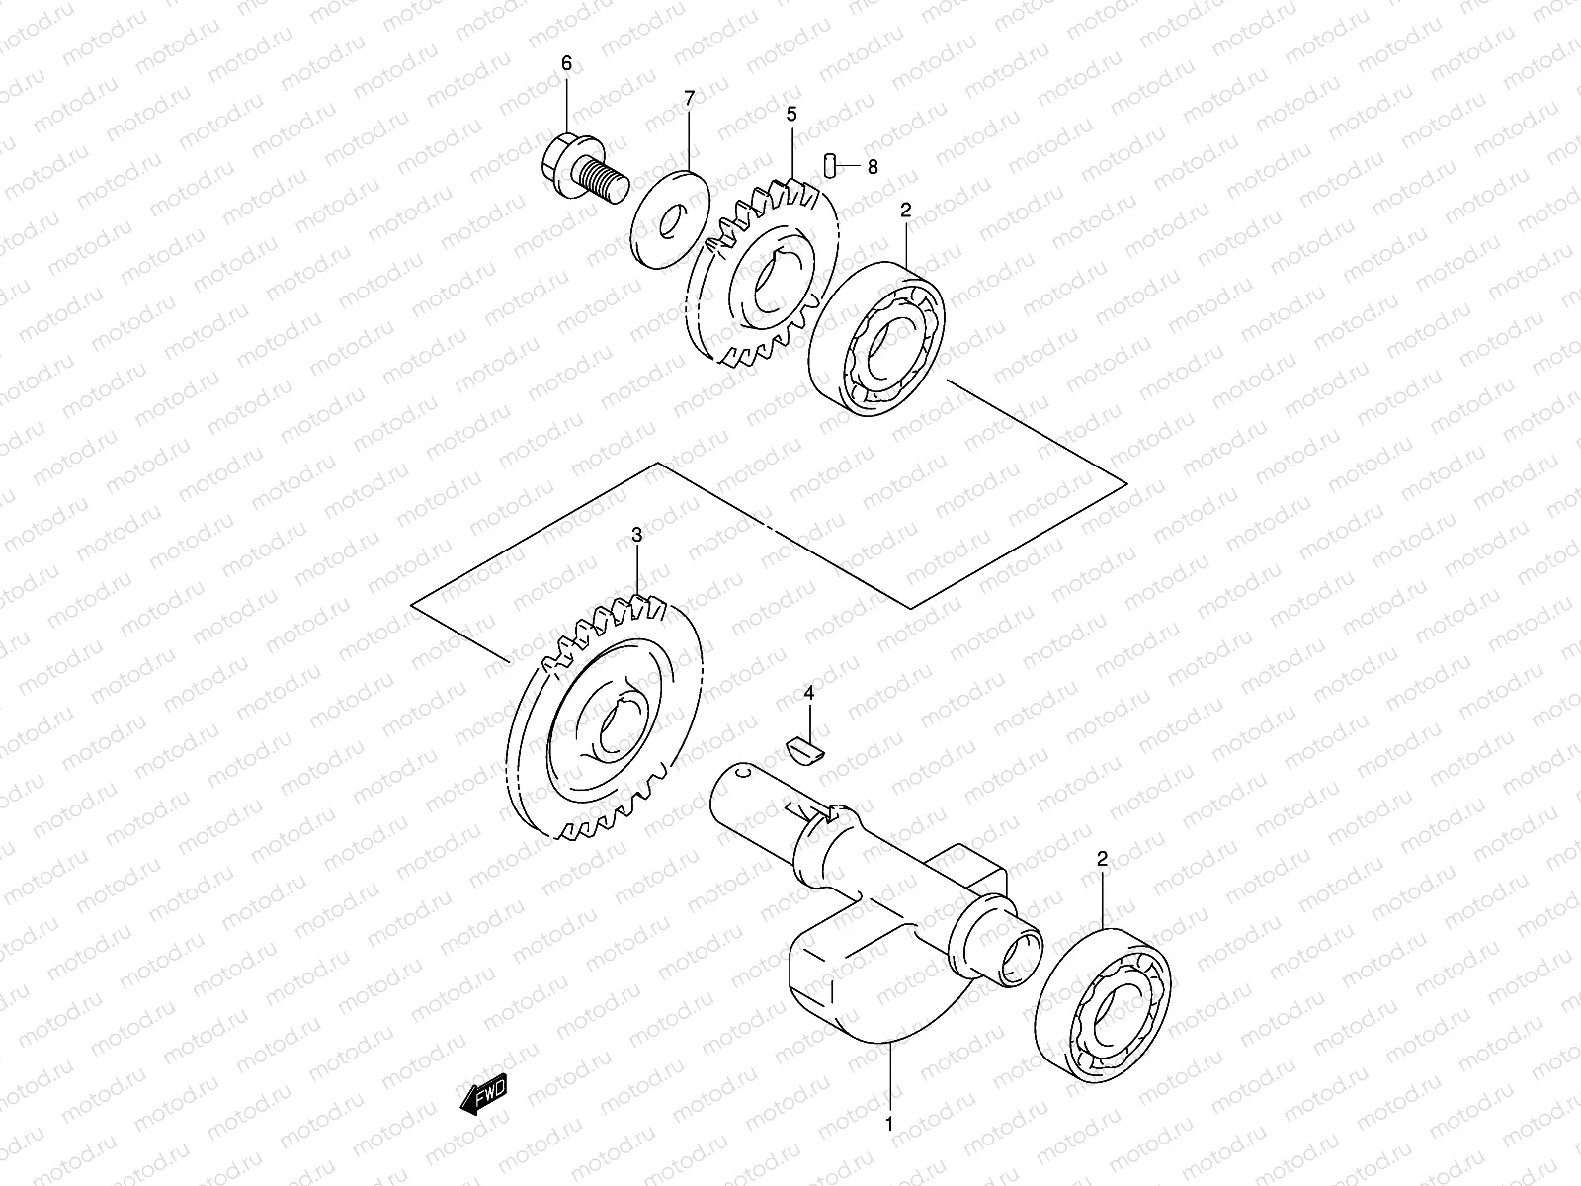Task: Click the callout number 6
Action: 566,64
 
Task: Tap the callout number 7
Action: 690,97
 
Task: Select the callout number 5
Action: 791,115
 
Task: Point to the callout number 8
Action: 872,167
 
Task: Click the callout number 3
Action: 637,535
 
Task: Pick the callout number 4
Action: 809,694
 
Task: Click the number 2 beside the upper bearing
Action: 905,210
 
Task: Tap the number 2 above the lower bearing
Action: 1102,858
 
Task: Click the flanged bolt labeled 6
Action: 583,175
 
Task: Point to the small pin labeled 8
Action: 832,164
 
